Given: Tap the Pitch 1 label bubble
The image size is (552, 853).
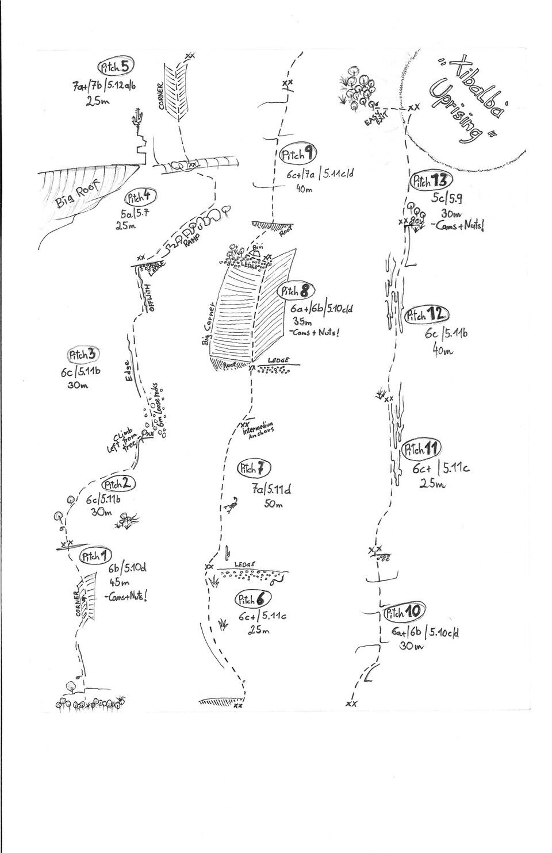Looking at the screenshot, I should point(95,556).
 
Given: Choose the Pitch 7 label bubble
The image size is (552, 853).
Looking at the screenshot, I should point(254,468).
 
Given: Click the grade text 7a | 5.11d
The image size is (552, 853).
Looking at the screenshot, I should point(272,490).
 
